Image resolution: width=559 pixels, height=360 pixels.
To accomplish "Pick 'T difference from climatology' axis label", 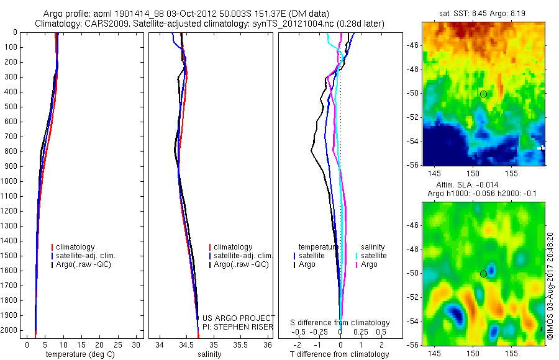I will [340, 354].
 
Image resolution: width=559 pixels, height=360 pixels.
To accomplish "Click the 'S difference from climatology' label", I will [340, 323].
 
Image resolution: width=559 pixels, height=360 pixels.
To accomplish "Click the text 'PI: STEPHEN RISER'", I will [239, 326].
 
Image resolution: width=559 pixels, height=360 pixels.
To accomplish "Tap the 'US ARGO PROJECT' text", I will [239, 318].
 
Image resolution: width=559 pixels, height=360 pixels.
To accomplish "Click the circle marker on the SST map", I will [483, 94].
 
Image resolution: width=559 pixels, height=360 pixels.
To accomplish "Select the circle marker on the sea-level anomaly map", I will [483, 274].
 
